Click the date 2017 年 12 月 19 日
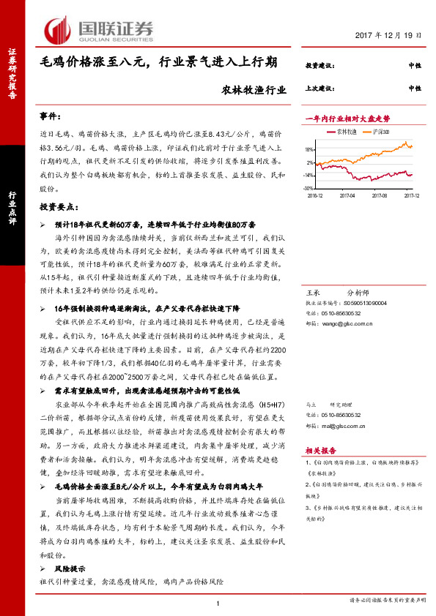[388, 35]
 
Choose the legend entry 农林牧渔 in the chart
[344, 132]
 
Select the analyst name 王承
[312, 291]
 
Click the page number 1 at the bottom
[218, 602]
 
